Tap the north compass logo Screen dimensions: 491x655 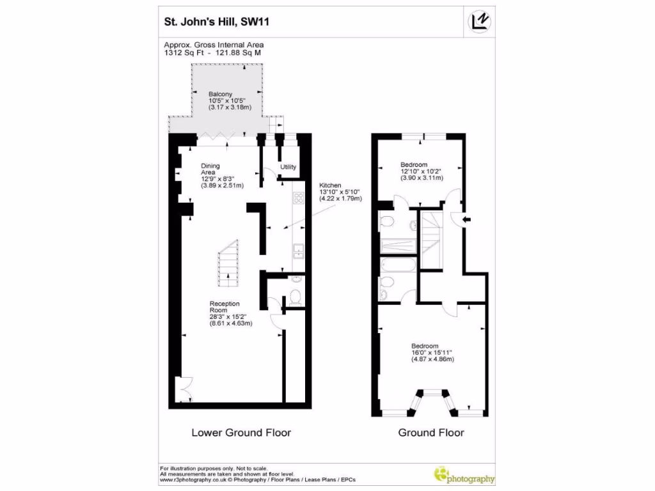pyautogui.click(x=480, y=21)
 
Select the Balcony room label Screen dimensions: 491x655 pyautogui.click(x=221, y=101)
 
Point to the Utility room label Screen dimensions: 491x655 pyautogui.click(x=288, y=167)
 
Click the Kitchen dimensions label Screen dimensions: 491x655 pyautogui.click(x=341, y=191)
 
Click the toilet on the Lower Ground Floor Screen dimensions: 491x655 pyautogui.click(x=295, y=296)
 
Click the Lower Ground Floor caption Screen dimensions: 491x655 pyautogui.click(x=241, y=433)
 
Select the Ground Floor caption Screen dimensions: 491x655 pyautogui.click(x=431, y=433)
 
